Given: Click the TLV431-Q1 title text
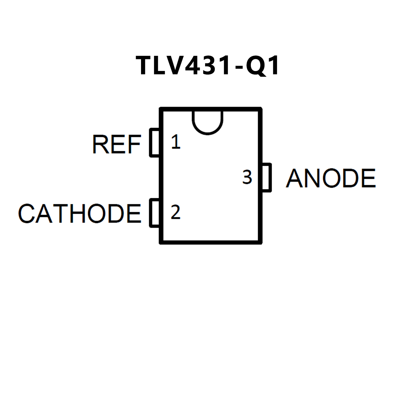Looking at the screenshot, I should click(208, 65).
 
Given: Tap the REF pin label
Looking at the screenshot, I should click(116, 144).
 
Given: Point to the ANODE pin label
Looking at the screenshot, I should click(331, 178).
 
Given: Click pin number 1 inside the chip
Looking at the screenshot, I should click(176, 142).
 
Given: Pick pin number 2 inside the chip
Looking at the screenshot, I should click(175, 212).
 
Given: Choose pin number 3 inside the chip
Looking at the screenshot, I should click(247, 177).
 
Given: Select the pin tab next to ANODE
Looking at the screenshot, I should click(267, 178).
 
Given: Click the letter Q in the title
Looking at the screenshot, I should click(256, 66).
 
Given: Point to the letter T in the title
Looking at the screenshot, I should click(145, 65).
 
